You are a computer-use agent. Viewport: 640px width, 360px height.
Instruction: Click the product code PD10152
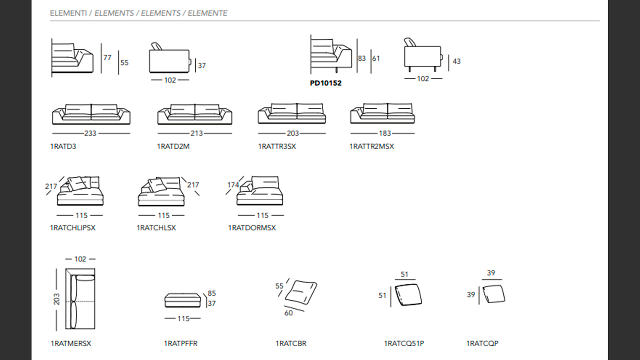coord(326,83)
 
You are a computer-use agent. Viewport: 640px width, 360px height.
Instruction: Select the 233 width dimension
coord(90,133)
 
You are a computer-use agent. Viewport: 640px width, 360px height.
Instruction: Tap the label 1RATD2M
coord(173,146)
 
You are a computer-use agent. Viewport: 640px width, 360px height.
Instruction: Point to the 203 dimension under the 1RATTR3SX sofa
coord(293,133)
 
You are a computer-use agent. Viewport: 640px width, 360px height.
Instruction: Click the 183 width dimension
coord(385,133)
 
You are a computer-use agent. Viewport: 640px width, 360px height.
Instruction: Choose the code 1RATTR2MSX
coord(372,146)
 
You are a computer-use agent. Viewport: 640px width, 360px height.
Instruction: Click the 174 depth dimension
coord(233,185)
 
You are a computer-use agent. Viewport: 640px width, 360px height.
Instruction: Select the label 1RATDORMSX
coord(252,228)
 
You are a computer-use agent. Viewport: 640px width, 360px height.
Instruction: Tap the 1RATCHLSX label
coord(156,228)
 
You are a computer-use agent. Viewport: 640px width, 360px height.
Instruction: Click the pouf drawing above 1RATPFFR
coord(183,300)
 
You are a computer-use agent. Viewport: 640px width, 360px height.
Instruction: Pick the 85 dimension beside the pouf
coord(212,293)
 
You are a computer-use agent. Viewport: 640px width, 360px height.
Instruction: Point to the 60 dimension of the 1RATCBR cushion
coord(289,313)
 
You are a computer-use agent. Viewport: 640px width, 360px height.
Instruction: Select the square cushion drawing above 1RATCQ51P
coord(408,295)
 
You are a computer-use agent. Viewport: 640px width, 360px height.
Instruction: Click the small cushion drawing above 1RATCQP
coord(494,294)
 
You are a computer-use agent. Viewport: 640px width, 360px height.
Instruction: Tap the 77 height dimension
coord(107,58)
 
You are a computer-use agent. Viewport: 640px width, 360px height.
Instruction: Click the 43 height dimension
coord(457,61)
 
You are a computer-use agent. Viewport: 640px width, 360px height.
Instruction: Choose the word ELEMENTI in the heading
coord(68,13)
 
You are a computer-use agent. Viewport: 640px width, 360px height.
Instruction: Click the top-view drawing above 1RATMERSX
coord(80,299)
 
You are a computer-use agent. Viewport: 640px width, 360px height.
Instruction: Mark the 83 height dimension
coord(362,58)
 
